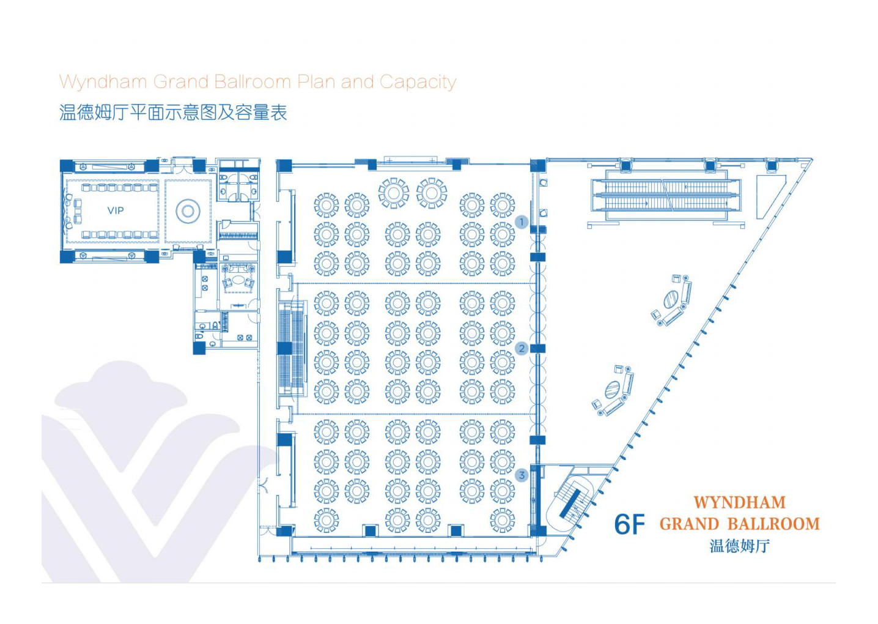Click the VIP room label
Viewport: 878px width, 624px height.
point(116,210)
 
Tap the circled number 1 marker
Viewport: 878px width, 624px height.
point(521,222)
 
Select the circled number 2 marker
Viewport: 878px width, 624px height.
point(521,349)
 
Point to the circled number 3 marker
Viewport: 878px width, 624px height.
point(521,475)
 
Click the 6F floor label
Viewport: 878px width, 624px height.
point(629,524)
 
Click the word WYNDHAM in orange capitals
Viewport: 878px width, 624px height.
point(739,503)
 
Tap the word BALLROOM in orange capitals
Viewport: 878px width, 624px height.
point(773,524)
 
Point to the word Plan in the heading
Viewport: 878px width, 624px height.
point(316,82)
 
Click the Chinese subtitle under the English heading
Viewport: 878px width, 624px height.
point(173,113)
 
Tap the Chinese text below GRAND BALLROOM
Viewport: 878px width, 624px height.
point(739,546)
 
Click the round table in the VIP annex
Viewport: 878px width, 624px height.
point(188,212)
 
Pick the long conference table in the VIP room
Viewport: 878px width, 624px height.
point(115,210)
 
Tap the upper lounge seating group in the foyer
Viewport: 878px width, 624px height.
point(672,300)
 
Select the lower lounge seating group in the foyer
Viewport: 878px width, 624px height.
point(613,390)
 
